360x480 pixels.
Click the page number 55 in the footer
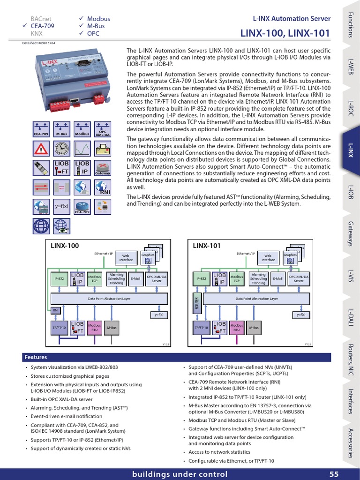pos(334,474)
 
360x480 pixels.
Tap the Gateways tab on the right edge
pos(351,232)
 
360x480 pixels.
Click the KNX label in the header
pos(37,34)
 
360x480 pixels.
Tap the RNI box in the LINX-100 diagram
pos(55,310)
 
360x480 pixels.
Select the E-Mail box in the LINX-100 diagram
pos(135,278)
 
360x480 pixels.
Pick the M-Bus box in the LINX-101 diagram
pos(254,327)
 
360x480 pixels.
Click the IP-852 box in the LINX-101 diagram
pos(201,278)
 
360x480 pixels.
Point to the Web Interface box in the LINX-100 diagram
pos(126,258)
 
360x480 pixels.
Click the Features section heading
pos(36,358)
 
